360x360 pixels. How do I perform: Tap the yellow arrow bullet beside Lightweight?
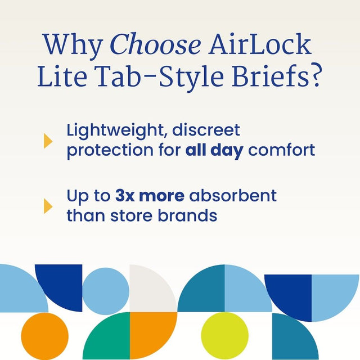coord(48,141)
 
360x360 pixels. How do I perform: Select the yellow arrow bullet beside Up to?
coord(48,206)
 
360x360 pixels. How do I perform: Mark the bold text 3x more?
coord(149,196)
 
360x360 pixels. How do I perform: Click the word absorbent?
coord(233,196)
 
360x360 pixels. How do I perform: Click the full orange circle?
coord(44,336)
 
